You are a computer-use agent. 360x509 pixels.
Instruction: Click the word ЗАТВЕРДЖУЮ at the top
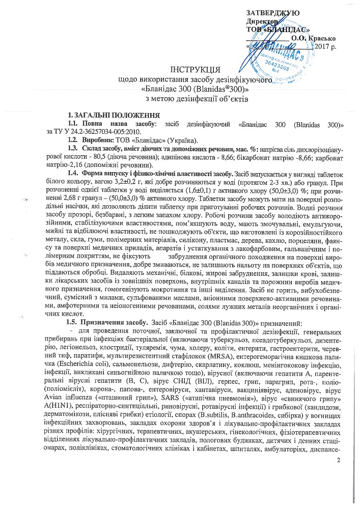pyautogui.click(x=273, y=12)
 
